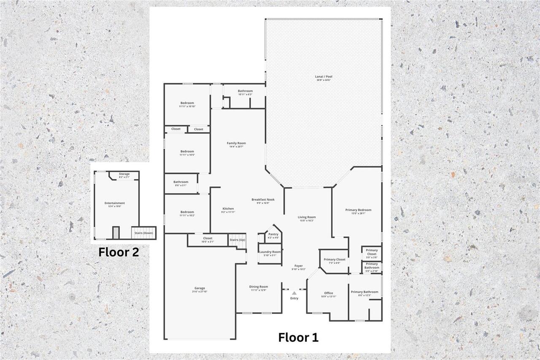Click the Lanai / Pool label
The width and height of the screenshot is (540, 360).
tap(324, 77)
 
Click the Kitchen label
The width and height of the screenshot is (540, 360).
tap(228, 209)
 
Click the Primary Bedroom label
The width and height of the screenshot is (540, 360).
tap(358, 210)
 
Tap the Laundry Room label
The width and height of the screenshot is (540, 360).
tap(270, 252)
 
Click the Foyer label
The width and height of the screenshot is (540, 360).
tap(298, 266)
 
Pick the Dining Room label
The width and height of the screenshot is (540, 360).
tap(259, 287)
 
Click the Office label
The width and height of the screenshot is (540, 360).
tap(329, 293)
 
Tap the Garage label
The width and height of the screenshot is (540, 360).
tap(200, 289)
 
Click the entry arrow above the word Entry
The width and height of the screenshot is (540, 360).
tap(294, 292)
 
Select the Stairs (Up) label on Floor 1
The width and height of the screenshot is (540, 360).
tap(237, 240)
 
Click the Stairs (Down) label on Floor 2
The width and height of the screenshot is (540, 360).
tap(144, 233)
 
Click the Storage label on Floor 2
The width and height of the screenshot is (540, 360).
tap(124, 174)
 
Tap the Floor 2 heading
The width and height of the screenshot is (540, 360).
tap(119, 252)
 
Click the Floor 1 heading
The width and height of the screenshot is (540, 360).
tap(298, 337)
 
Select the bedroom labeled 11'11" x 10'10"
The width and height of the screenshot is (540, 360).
tap(187, 103)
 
